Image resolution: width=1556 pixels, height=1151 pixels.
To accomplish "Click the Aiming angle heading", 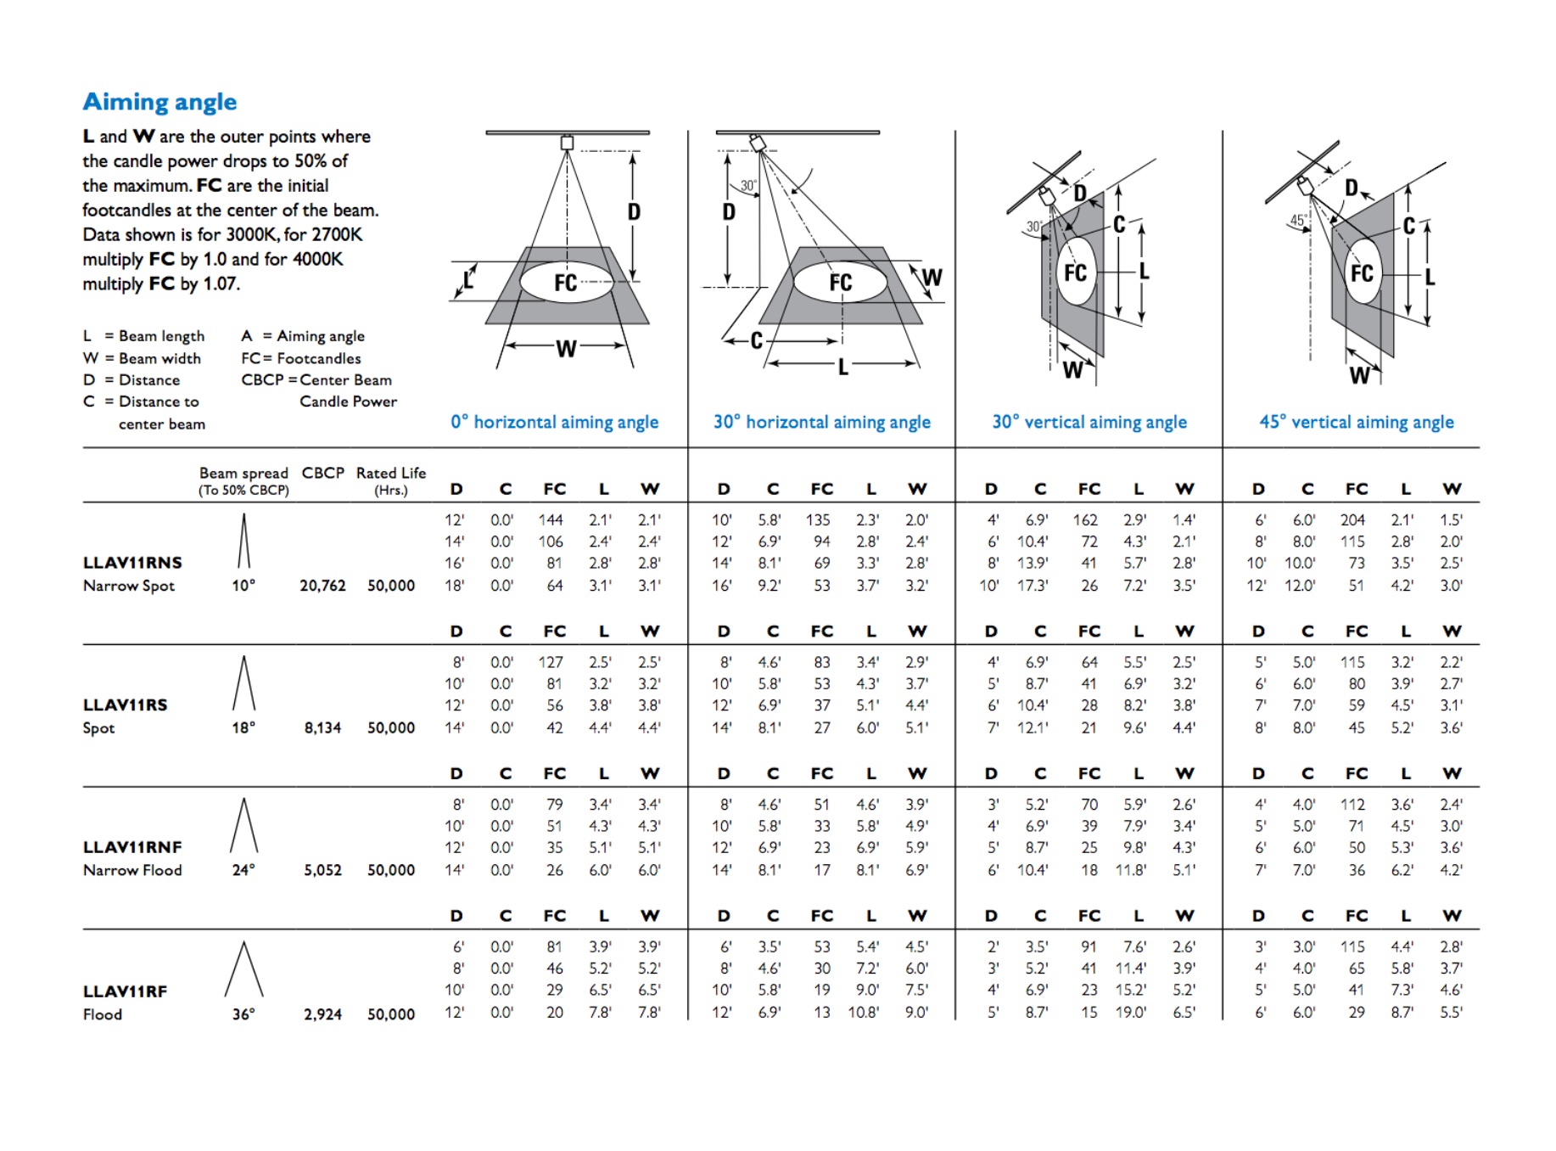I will click(160, 102).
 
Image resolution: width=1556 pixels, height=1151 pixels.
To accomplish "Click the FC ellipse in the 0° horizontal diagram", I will click(566, 283).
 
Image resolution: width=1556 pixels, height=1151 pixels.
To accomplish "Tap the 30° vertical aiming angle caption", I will click(1089, 422).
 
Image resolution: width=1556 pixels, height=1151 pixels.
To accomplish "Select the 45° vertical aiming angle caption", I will click(1356, 422).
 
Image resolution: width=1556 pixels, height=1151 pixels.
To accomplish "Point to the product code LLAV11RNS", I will click(132, 563).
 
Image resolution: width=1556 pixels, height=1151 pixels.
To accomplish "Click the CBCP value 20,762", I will click(322, 586).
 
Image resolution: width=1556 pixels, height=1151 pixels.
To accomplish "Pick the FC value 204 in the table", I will click(1352, 519).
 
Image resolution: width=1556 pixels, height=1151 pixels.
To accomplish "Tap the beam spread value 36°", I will click(243, 1014).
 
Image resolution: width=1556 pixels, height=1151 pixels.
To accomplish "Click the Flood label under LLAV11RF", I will click(103, 1014).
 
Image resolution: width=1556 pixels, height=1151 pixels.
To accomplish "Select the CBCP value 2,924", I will click(322, 1014).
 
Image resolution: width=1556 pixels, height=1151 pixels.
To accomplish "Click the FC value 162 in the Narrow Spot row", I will click(1085, 519).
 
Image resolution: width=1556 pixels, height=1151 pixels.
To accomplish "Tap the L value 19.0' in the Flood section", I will click(1131, 1012).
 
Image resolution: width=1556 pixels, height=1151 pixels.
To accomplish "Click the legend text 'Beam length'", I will click(161, 336).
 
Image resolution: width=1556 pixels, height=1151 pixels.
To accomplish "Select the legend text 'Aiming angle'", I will click(320, 336).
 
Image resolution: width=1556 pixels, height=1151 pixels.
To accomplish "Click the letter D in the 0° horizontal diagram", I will click(634, 212).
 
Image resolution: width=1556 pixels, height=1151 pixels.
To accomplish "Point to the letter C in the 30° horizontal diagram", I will click(756, 340).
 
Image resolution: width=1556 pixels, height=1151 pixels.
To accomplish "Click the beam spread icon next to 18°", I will click(243, 683).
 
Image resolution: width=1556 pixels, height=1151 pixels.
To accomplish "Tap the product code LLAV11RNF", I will click(132, 847).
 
